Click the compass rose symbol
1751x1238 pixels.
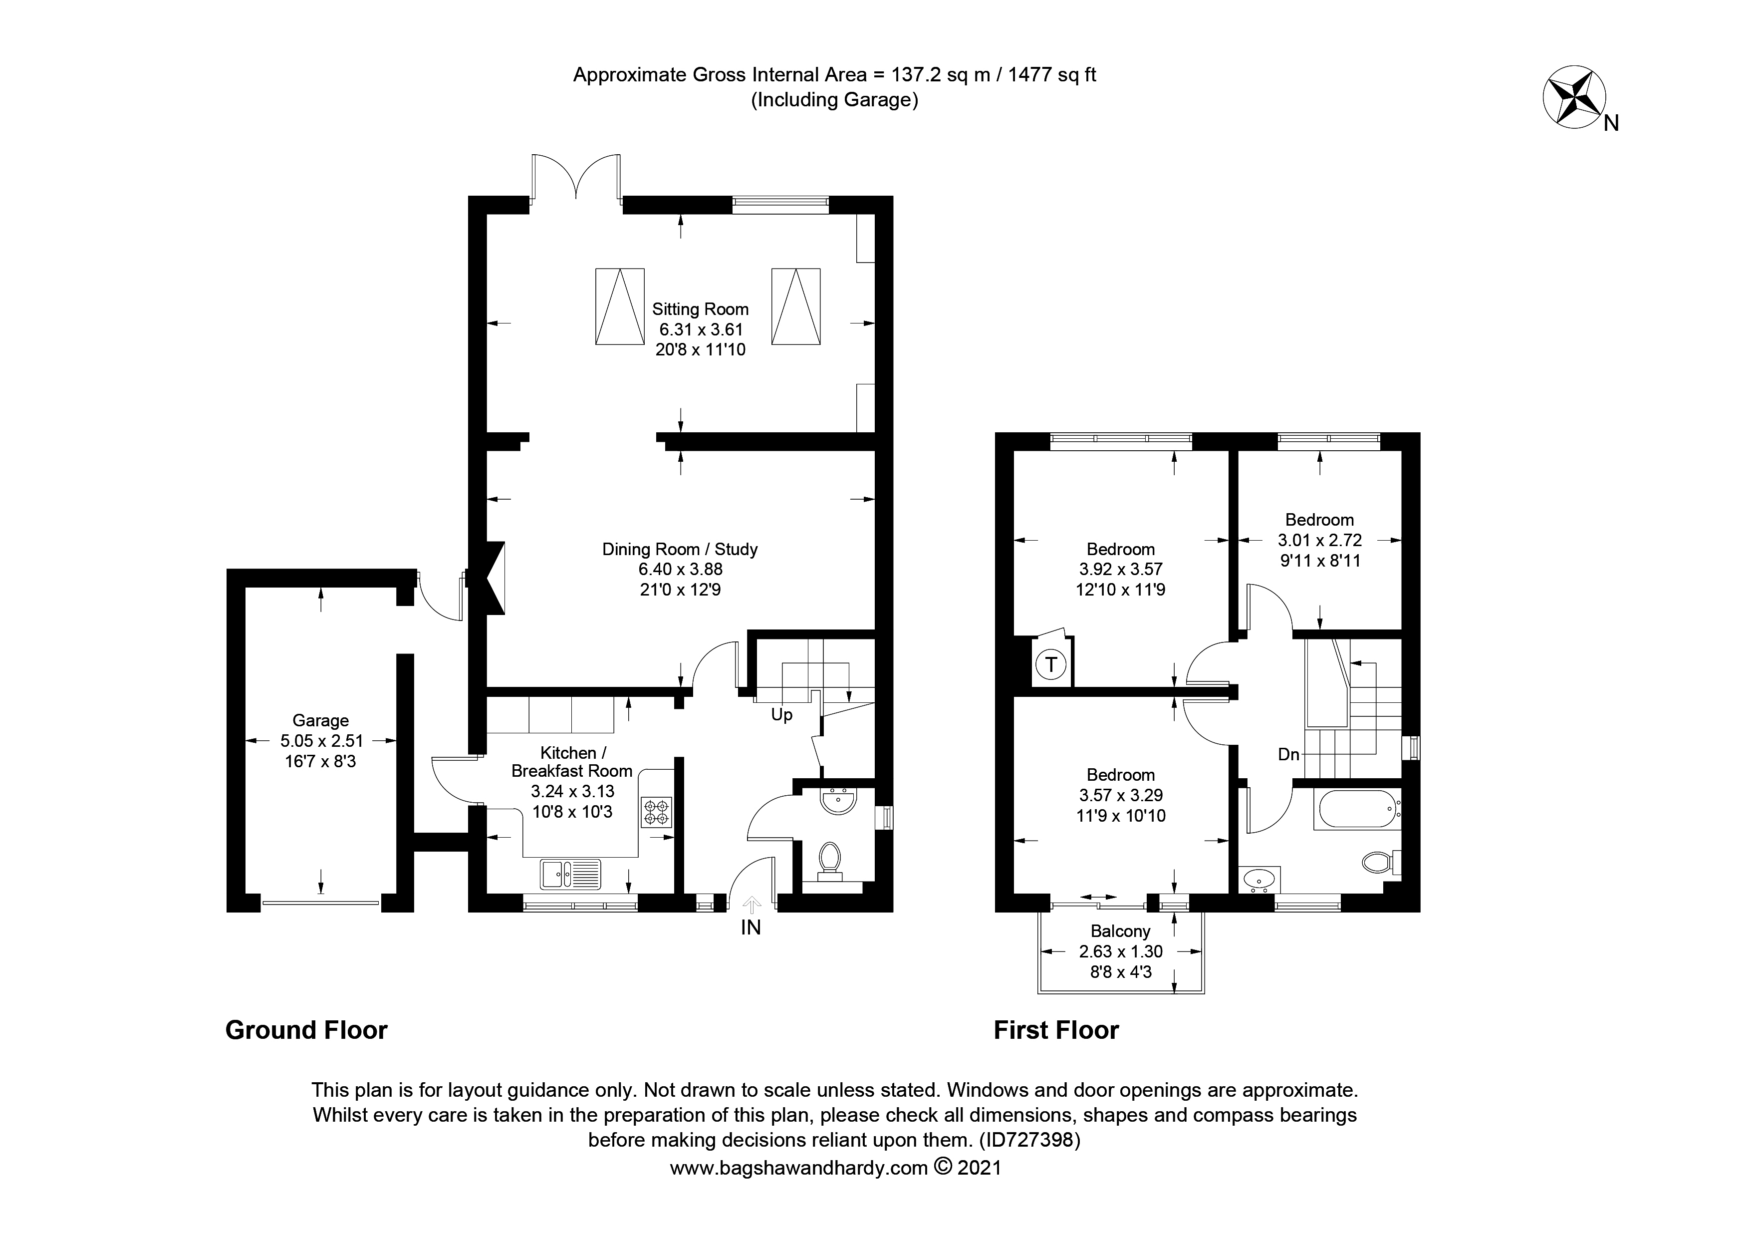pos(1573,98)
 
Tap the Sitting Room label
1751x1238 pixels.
pos(700,309)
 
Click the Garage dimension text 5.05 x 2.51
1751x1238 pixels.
pos(321,741)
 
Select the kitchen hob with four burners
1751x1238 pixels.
pos(657,812)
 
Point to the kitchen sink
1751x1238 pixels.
pos(570,874)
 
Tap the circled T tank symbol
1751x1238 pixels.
pos(1051,664)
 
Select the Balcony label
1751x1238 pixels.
pos(1120,931)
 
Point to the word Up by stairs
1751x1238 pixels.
pos(782,715)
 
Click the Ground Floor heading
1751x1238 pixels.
pos(306,1030)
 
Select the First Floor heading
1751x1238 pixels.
pos(1055,1030)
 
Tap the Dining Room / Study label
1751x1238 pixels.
pos(680,549)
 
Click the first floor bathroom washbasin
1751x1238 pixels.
pos(1258,880)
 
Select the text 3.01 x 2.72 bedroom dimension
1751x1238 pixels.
pos(1319,541)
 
